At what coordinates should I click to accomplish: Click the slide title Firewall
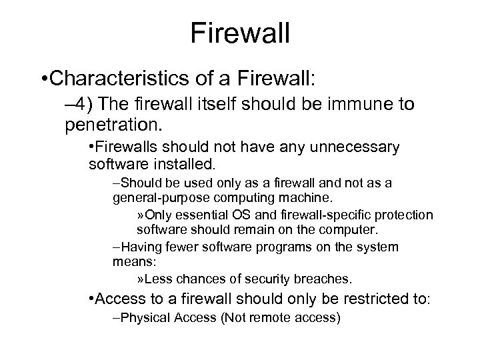pyautogui.click(x=240, y=33)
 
